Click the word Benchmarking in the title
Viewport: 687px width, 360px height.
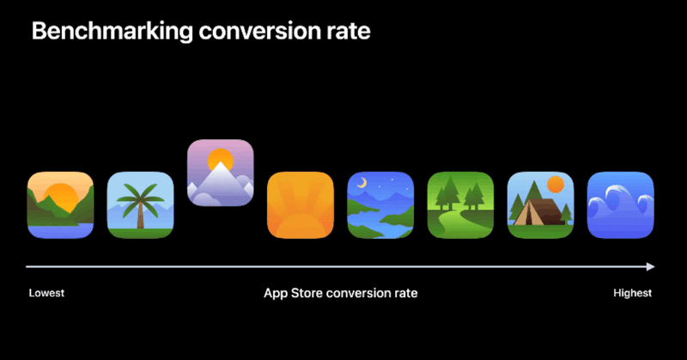click(112, 32)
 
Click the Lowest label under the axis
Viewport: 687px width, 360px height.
click(46, 293)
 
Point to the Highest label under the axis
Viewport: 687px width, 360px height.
click(632, 293)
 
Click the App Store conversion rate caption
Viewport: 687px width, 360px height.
click(340, 293)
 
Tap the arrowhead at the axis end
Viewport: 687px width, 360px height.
click(651, 266)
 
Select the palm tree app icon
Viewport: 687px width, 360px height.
click(140, 205)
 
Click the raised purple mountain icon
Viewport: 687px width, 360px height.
click(221, 173)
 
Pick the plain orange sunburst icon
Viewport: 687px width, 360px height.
click(301, 205)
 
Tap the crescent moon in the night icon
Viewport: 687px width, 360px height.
click(362, 183)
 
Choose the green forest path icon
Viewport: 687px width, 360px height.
click(460, 205)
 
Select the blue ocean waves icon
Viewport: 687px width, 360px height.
click(620, 205)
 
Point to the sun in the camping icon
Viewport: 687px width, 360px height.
click(556, 184)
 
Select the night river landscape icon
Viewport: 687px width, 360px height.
click(380, 205)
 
